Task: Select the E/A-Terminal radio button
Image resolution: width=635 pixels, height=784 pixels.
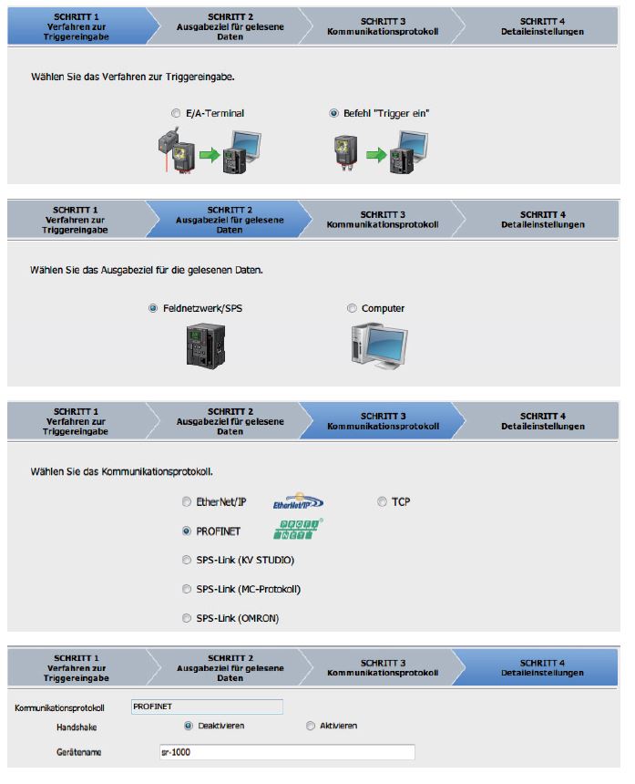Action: tap(176, 114)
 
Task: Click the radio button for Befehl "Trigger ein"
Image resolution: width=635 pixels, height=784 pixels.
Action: tap(334, 114)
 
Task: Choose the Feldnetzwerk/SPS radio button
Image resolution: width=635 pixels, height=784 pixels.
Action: tap(153, 308)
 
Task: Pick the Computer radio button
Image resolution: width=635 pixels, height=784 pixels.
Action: tap(352, 308)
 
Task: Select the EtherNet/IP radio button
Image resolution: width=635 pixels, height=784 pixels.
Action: tap(187, 501)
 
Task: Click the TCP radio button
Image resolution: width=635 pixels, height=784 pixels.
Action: tap(383, 501)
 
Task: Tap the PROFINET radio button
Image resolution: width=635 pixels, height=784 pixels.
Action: tap(187, 531)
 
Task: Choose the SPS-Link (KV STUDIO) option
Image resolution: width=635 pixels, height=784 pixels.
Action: tap(187, 560)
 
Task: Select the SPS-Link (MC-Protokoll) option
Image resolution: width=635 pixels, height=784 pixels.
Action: tap(187, 589)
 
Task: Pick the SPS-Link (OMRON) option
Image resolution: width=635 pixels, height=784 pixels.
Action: tap(187, 618)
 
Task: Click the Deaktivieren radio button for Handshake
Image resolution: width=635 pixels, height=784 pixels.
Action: tap(189, 726)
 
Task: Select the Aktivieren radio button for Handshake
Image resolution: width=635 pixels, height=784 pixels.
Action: tap(311, 726)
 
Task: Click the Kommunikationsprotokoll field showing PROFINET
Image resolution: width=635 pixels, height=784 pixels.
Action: tap(207, 707)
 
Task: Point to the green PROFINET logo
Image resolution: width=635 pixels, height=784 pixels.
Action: tap(298, 531)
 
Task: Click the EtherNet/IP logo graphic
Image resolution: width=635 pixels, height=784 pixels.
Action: tap(298, 502)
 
